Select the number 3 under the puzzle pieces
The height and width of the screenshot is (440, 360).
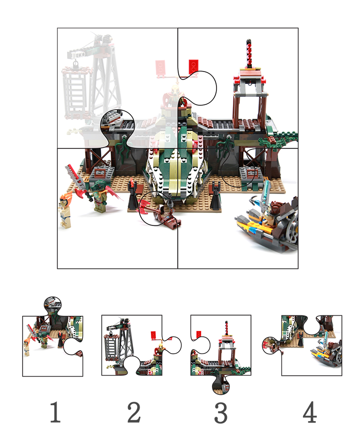point(221,413)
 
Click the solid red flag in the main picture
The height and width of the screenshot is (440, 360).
point(193,66)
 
